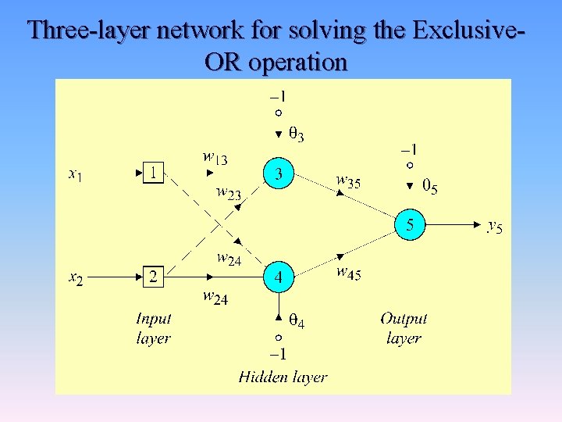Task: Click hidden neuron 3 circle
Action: click(279, 173)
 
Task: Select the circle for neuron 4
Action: click(279, 277)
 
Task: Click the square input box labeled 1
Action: click(154, 173)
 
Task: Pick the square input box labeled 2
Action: click(154, 277)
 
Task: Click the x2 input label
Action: click(75, 277)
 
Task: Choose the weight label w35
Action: click(348, 181)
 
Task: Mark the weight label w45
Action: click(348, 273)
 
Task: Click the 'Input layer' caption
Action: click(153, 328)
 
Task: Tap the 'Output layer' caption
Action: click(404, 328)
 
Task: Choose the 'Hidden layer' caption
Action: click(283, 377)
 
